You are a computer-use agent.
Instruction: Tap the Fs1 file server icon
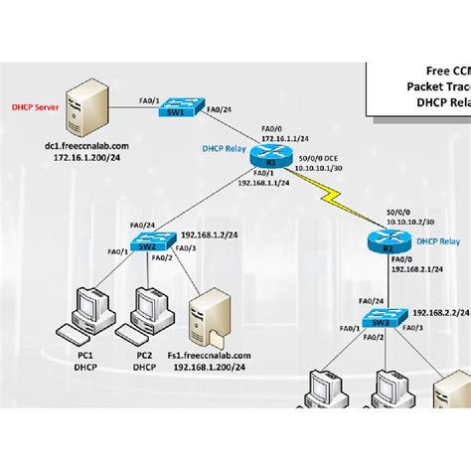coord(210,315)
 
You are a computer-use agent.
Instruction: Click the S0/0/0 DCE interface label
coord(319,159)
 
